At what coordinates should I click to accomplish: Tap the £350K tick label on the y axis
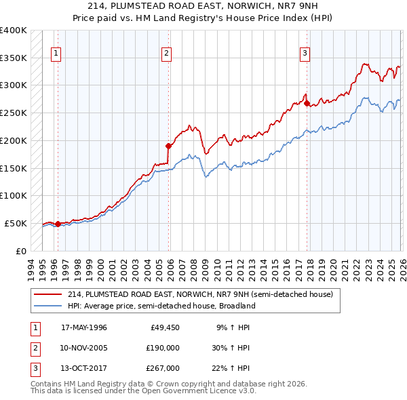coord(14,58)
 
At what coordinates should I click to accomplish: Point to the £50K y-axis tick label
coord(16,223)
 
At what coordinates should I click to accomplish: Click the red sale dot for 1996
coord(58,223)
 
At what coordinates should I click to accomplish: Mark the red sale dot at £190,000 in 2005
coord(169,145)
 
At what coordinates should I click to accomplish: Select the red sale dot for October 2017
coord(307,104)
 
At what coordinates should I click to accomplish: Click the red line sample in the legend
coord(49,295)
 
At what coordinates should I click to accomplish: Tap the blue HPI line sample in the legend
coord(49,306)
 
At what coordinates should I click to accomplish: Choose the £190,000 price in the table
coord(163,348)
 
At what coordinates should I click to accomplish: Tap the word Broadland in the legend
coord(235,306)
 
